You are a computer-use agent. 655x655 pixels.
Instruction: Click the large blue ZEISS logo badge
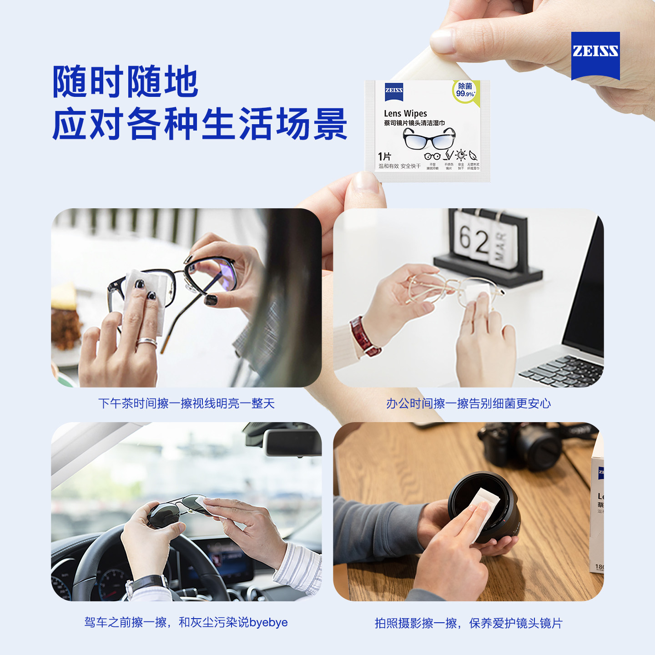pos(595,54)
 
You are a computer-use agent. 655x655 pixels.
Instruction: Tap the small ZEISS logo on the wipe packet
pos(394,91)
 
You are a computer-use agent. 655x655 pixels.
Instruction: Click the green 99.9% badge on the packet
pos(465,91)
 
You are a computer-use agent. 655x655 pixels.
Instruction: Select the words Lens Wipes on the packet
pos(405,113)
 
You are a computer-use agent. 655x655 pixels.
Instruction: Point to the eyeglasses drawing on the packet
pos(429,138)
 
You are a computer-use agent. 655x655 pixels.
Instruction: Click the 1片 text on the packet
pos(384,156)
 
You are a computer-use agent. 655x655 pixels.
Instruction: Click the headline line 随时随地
pos(125,82)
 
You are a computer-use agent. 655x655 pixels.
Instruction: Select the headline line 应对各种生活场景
pos(200,124)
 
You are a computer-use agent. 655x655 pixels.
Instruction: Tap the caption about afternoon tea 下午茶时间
pos(186,403)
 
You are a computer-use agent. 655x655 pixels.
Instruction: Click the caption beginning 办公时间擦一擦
pos(469,403)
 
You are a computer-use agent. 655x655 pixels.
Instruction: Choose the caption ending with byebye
pos(186,622)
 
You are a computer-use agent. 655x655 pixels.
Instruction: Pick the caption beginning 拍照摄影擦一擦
pos(469,623)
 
